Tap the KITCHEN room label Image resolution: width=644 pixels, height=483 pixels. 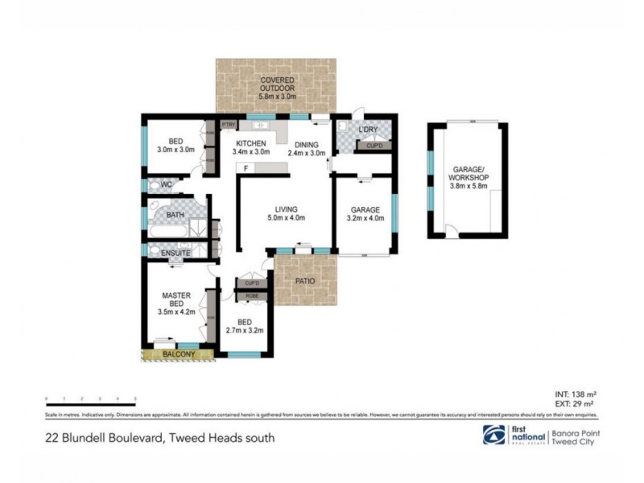(250, 144)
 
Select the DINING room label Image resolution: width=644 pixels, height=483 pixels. (306, 144)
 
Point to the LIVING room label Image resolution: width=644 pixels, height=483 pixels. (285, 208)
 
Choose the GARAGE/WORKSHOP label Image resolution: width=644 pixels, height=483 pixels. (467, 173)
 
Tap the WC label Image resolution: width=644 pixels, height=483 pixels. (167, 185)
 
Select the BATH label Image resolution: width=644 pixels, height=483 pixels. (175, 215)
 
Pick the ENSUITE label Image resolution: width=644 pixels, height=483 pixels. (175, 253)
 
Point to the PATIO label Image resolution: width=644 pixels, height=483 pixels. (303, 281)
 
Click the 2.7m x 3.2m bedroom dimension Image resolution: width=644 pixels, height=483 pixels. (246, 330)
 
